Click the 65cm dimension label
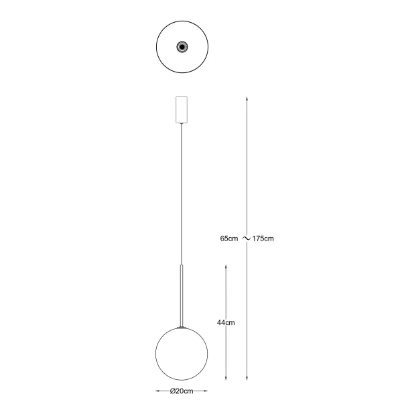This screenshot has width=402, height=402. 229,239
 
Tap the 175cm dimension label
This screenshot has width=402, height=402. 263,239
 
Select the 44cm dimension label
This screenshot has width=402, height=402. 226,322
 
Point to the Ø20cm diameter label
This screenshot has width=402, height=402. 182,391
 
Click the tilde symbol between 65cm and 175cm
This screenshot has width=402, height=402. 246,239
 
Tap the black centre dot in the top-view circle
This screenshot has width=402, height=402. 182,47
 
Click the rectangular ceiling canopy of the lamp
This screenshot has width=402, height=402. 182,110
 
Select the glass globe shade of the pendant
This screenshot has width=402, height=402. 182,354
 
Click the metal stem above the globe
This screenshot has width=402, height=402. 182,296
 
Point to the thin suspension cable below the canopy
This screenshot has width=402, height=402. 182,194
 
